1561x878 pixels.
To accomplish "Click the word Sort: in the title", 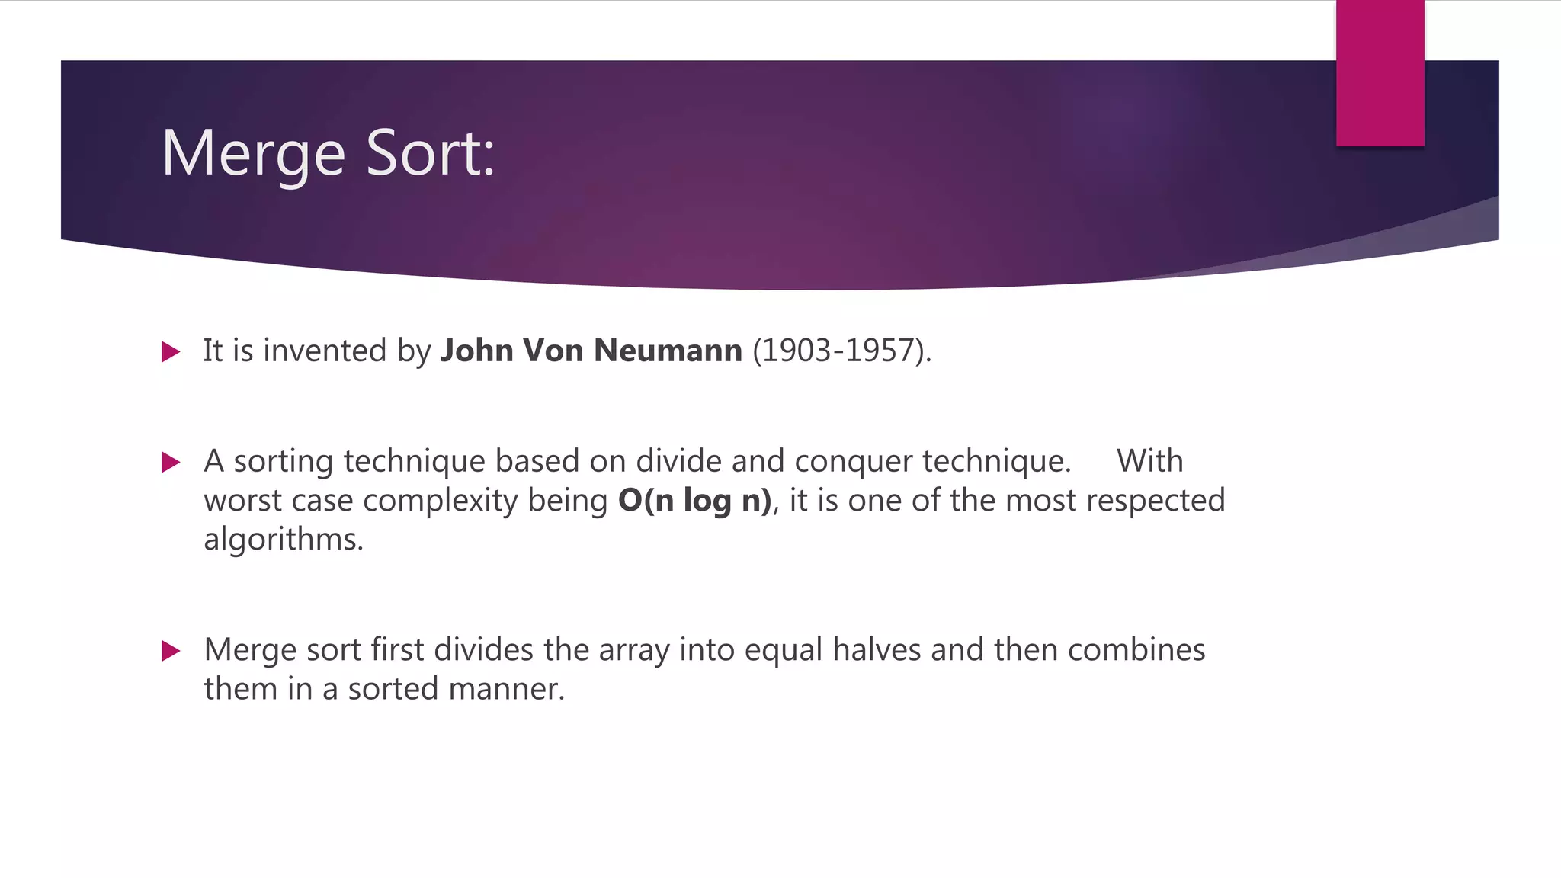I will (431, 154).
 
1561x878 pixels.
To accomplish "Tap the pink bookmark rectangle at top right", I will (1380, 73).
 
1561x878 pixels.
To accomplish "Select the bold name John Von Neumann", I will (591, 351).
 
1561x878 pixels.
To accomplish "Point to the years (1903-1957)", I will (841, 351).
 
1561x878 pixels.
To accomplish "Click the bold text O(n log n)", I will (694, 501).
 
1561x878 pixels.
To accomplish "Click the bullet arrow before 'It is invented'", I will (171, 352).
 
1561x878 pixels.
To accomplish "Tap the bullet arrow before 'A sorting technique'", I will (171, 462).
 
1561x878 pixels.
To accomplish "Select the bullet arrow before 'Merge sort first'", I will (171, 651).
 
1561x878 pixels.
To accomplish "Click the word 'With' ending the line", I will (1149, 461).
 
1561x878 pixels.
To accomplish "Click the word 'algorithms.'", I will (284, 540).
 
